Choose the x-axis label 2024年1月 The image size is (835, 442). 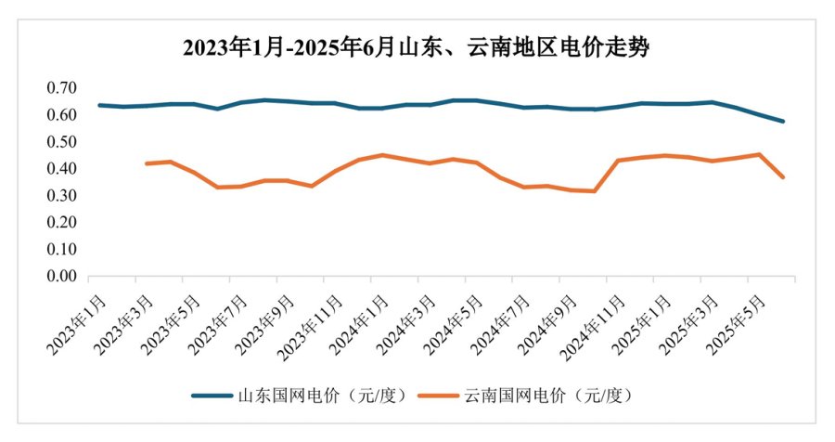pyautogui.click(x=359, y=321)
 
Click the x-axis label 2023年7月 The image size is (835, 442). pyautogui.click(x=218, y=321)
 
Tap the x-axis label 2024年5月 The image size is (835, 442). pyautogui.click(x=454, y=321)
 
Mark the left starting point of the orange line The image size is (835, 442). pyautogui.click(x=147, y=163)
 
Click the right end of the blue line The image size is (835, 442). pyautogui.click(x=784, y=122)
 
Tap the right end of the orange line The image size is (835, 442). pyautogui.click(x=784, y=177)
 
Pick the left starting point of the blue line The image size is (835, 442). pyautogui.click(x=99, y=105)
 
